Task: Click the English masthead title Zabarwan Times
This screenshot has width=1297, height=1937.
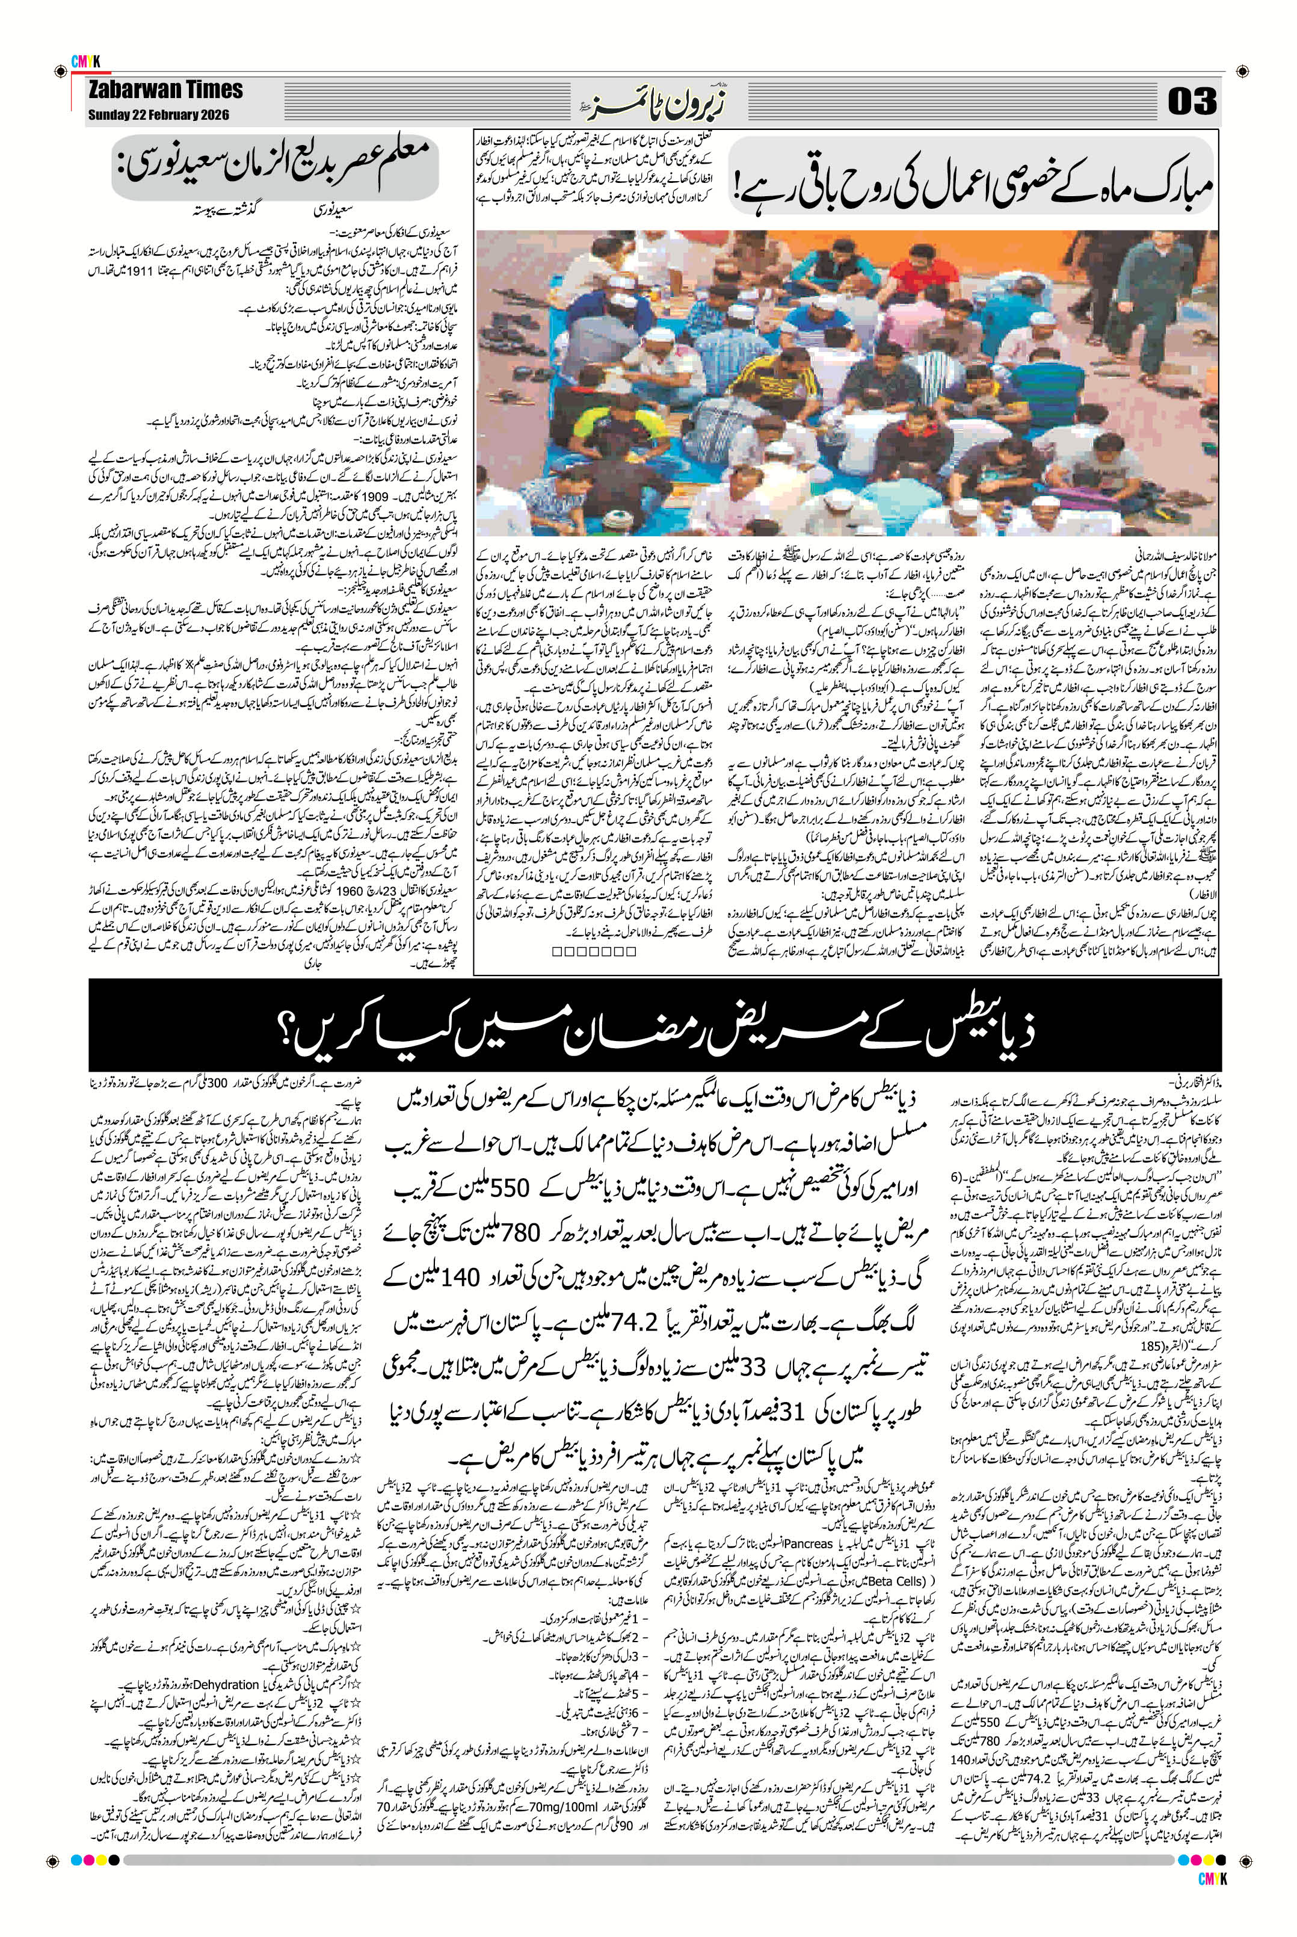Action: [165, 90]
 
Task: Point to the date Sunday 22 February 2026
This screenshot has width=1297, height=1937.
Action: [158, 115]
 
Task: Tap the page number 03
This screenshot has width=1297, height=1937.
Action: [1192, 101]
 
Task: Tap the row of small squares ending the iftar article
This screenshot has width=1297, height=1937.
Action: [594, 951]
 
